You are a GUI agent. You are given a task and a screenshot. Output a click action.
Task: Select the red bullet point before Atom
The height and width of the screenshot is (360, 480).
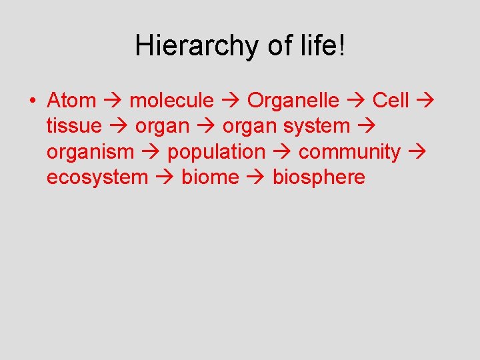(x=32, y=101)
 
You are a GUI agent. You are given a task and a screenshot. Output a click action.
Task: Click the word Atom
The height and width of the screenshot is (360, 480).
(x=71, y=101)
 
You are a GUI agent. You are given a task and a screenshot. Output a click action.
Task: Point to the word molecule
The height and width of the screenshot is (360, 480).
(x=172, y=101)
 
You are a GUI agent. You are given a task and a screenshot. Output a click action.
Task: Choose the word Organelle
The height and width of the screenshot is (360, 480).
(x=293, y=101)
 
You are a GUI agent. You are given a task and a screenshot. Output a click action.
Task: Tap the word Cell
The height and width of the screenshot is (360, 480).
(x=391, y=101)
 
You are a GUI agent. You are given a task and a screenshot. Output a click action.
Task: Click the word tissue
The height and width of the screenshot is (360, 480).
(x=74, y=126)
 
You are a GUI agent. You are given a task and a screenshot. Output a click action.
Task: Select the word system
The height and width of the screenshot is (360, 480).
(x=317, y=126)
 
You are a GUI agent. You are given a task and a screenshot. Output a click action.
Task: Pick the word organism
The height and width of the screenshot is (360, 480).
(x=90, y=152)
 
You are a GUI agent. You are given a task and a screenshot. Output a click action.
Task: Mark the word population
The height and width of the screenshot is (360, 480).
(x=216, y=152)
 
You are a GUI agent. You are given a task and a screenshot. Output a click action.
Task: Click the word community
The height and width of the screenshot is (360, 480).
(x=349, y=152)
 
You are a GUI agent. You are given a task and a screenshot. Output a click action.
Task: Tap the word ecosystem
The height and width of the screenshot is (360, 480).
(x=97, y=177)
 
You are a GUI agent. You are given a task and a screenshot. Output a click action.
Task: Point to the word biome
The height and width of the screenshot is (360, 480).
(x=210, y=177)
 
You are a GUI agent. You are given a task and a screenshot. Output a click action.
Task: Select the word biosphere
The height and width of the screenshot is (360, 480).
(x=319, y=177)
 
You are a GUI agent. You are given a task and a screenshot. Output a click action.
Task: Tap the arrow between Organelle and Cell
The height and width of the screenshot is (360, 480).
(x=356, y=101)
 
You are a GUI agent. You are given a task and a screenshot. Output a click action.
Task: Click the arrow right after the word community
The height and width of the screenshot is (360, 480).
(x=417, y=153)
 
